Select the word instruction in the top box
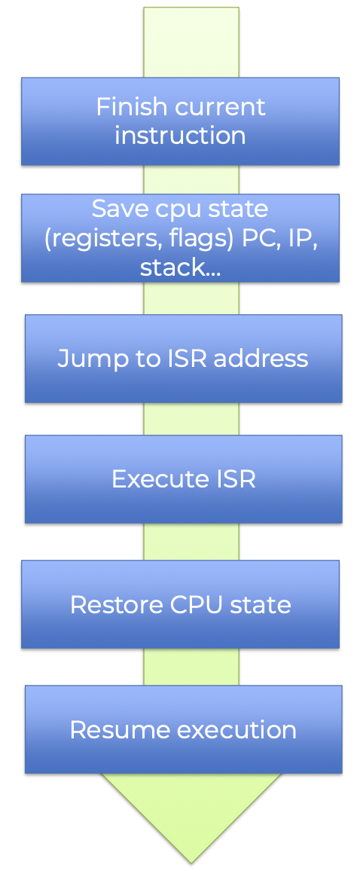(x=180, y=136)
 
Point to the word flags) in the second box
(x=205, y=238)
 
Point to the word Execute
(x=148, y=479)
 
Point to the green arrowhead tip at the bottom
(x=191, y=863)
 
